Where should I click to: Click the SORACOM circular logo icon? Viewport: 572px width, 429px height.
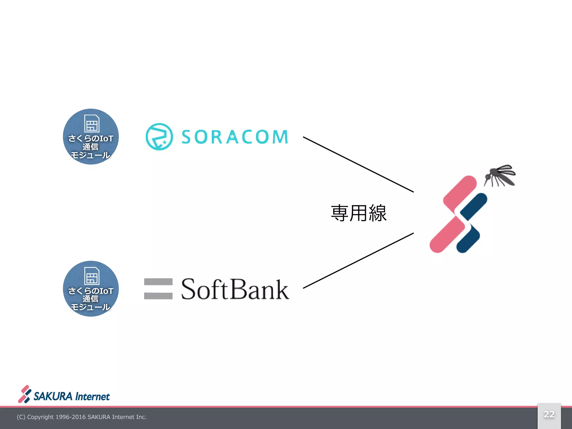coord(159,137)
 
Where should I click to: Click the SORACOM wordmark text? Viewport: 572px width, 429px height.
coord(235,137)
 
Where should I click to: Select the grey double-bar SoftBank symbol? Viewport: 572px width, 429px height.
coord(158,289)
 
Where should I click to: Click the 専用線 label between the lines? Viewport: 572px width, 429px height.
coord(359,213)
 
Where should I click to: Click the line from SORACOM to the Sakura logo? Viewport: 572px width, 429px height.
coord(358,164)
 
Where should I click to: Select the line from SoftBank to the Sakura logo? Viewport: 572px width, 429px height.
coord(358,261)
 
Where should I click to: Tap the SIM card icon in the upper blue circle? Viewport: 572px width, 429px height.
coord(92,123)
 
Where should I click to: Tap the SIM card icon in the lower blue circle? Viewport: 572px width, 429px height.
coord(92,275)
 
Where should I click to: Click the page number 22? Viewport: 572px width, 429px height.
coord(549,414)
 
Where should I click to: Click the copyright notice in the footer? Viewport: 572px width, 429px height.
coord(82,417)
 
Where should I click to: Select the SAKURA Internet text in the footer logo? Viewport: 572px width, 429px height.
coord(71,397)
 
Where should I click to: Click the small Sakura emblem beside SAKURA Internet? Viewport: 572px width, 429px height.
coord(25,394)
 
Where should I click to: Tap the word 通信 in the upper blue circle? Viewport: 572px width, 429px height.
coord(90,147)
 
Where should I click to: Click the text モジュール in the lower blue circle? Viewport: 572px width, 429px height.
coord(90,307)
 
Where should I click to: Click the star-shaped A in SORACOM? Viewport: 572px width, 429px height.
coord(232,137)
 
